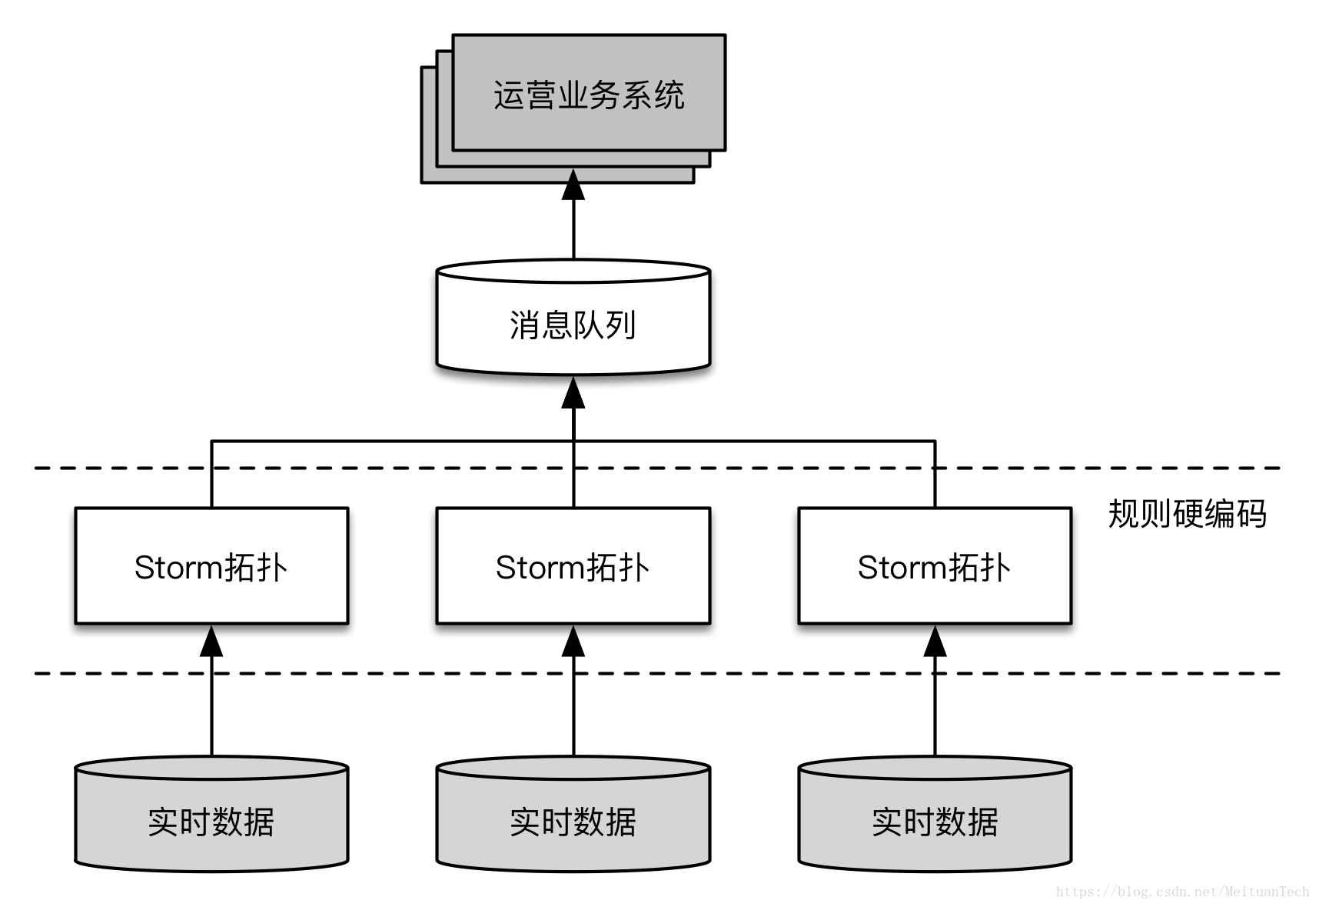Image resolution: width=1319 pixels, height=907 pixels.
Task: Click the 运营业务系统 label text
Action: (x=588, y=95)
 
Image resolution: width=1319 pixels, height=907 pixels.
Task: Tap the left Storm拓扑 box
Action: (x=211, y=566)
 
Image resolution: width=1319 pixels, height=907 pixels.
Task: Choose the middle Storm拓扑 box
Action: (x=573, y=566)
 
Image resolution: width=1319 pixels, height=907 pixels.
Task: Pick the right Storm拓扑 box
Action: (x=935, y=566)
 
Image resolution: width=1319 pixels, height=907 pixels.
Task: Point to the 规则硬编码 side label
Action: (x=1187, y=514)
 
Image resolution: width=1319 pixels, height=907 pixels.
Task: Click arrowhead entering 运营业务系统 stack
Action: (x=573, y=185)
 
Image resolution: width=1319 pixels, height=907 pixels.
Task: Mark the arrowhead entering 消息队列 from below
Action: (x=573, y=393)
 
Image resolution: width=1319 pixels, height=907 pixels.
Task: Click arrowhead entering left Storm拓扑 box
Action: (x=211, y=642)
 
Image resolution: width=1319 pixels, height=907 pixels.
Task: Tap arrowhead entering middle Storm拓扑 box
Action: (x=573, y=642)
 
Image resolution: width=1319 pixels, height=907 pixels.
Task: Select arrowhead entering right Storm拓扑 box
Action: (x=935, y=642)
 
